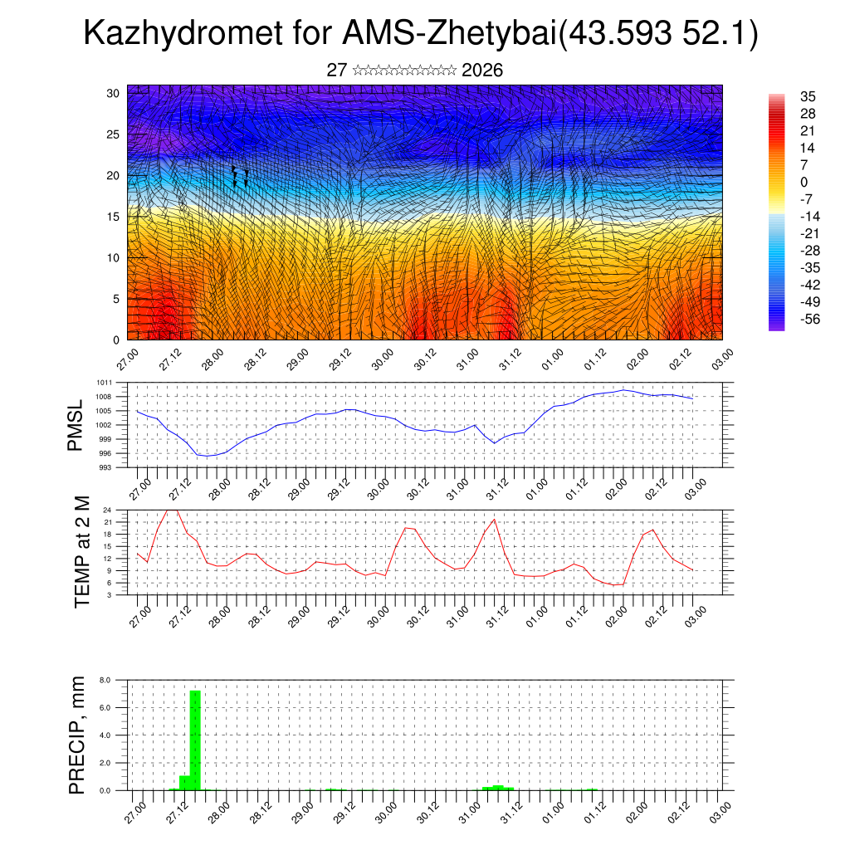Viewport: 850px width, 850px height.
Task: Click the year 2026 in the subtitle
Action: point(482,71)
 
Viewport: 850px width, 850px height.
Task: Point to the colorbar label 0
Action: point(804,182)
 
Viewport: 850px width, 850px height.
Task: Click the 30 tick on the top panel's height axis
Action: point(114,93)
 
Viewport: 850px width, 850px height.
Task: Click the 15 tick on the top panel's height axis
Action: point(114,217)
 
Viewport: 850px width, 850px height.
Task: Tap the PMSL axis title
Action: point(76,425)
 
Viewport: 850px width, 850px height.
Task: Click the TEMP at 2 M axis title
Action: point(81,552)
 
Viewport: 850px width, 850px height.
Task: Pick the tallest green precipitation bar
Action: point(196,739)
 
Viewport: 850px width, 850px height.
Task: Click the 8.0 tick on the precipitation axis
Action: point(105,680)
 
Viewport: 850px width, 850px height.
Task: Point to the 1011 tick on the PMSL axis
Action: point(105,383)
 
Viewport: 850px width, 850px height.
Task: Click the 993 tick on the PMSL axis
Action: point(106,467)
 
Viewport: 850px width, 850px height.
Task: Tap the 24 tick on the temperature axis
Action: point(108,510)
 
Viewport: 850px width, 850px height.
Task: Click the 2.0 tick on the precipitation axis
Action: point(105,763)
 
